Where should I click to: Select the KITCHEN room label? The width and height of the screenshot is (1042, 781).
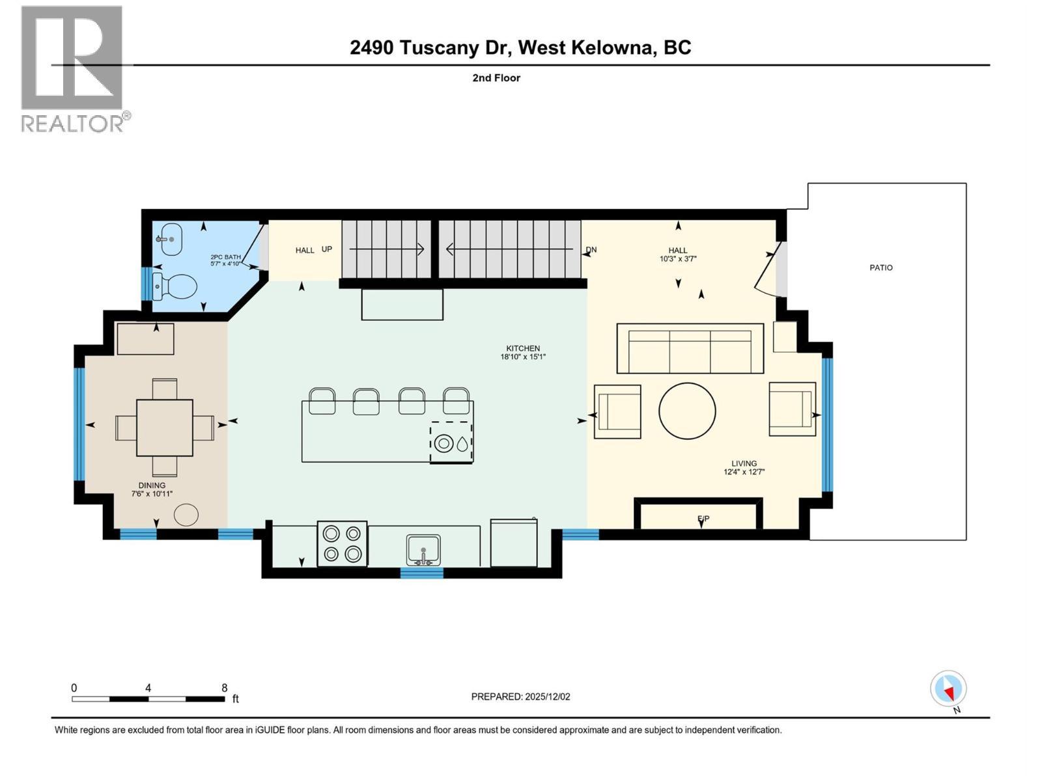point(523,348)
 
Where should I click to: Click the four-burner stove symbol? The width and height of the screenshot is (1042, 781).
point(342,543)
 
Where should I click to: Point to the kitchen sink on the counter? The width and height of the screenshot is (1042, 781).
point(423,550)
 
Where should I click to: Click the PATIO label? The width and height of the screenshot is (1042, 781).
point(880,267)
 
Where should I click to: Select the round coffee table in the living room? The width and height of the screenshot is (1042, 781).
point(687,411)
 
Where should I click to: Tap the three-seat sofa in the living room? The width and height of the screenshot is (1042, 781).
point(690,348)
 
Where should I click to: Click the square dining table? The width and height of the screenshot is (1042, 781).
point(165,428)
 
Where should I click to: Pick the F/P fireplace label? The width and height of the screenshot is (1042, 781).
point(703,519)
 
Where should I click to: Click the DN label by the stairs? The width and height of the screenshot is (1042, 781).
point(591,250)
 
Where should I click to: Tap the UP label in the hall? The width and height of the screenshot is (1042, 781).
point(327,249)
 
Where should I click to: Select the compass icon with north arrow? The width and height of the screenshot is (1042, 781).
point(948,689)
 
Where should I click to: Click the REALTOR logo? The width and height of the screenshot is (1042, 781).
point(73,68)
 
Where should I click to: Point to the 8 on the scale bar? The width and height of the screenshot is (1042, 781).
point(224,688)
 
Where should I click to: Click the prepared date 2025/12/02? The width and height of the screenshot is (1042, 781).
point(547,696)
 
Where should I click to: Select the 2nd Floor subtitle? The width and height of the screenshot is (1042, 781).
point(496,78)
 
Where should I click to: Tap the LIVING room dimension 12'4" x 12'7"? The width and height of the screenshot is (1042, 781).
point(744,472)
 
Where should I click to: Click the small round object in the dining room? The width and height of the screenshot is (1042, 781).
point(186,515)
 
